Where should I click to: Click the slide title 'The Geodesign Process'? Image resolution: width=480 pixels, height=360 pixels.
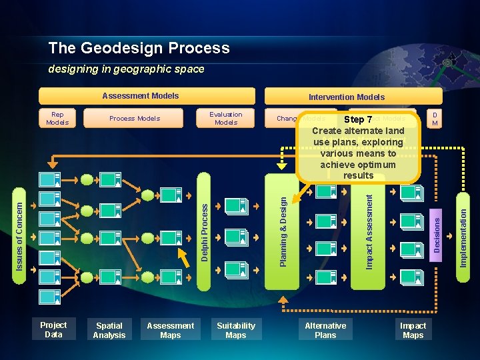(x=139, y=48)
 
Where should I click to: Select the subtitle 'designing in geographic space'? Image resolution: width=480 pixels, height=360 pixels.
(x=126, y=69)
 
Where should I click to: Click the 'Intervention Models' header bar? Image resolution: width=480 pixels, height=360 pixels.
(x=346, y=97)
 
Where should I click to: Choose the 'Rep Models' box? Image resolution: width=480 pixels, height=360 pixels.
(x=57, y=118)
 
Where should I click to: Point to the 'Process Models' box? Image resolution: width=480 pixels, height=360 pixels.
(x=135, y=118)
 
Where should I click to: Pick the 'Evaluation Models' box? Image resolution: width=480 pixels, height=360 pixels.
(x=226, y=118)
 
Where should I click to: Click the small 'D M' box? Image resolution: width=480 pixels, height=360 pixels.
(x=435, y=118)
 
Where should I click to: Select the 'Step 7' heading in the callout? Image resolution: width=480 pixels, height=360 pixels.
(x=358, y=120)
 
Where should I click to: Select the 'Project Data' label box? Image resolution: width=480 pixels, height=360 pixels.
(x=53, y=330)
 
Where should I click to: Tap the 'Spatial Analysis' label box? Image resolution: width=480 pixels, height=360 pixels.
(x=109, y=331)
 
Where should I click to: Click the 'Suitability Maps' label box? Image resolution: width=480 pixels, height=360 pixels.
(x=236, y=331)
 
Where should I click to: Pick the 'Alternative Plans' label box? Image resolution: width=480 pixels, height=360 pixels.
(x=325, y=331)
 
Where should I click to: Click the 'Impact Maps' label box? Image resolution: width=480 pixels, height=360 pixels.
(x=413, y=331)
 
